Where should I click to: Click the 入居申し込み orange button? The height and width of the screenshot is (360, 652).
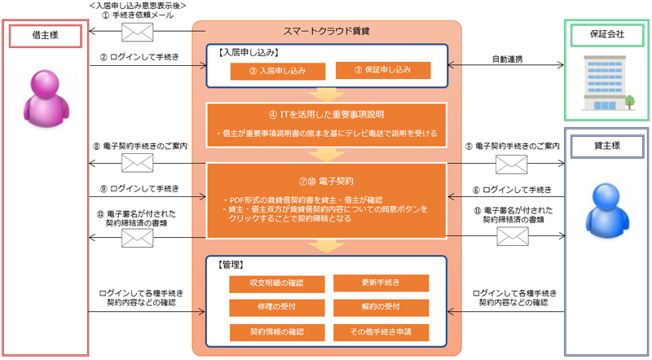point(278,71)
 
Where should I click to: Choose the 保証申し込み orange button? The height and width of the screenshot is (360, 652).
point(381,71)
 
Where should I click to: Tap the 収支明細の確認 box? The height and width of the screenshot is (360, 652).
point(277,283)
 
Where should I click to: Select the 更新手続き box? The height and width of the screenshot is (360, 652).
point(381,283)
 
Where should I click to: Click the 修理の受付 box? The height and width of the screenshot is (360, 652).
point(277,307)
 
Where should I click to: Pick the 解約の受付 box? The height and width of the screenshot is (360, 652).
point(381,307)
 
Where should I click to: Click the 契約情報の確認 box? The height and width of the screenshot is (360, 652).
point(277,331)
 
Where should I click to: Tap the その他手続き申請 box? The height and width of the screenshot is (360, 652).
point(381,331)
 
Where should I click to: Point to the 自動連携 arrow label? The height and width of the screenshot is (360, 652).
point(507,58)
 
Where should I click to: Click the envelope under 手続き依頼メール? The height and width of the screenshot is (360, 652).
point(136,32)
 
